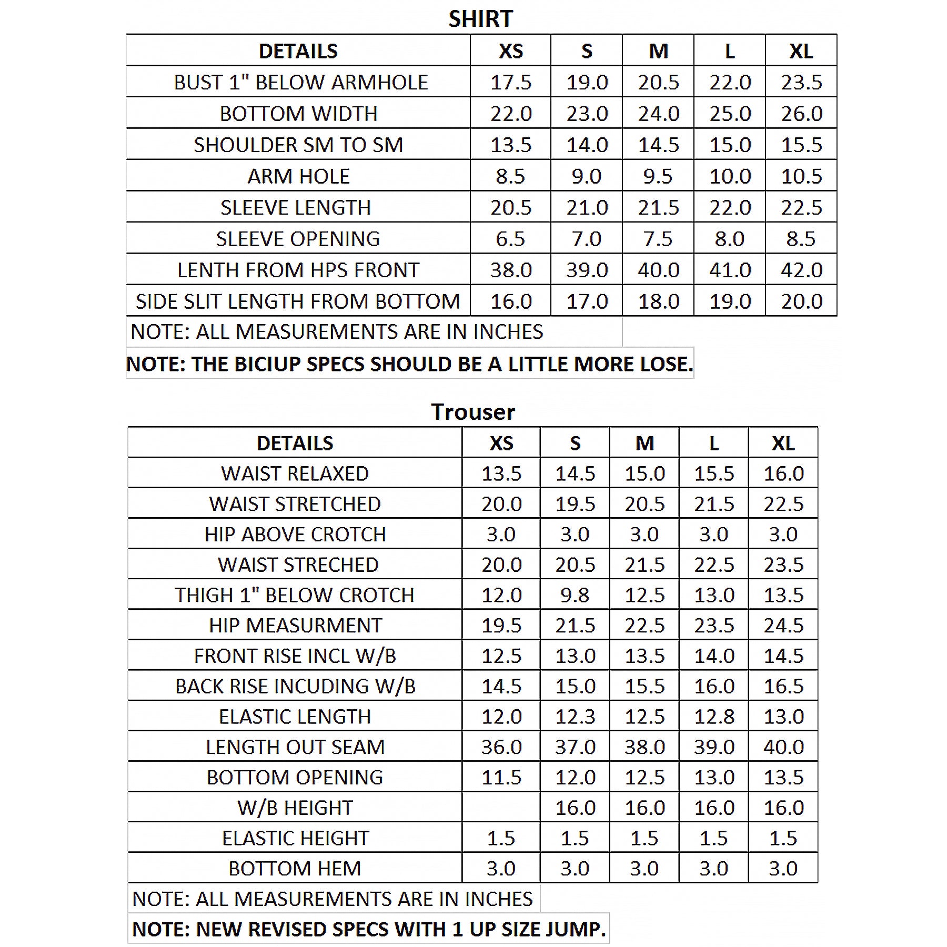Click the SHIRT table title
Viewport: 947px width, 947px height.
point(480,19)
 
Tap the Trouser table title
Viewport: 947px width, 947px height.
point(473,411)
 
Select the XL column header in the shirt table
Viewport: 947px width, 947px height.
point(801,51)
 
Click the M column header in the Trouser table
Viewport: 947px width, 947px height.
point(644,443)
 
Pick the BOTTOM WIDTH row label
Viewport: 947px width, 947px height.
point(298,114)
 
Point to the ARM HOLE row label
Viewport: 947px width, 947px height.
point(298,176)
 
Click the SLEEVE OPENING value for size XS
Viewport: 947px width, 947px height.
point(510,239)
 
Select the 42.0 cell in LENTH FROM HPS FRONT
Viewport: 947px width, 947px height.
point(801,270)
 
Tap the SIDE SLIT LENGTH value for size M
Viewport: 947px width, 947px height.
point(658,301)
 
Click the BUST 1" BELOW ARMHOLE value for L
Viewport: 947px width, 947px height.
point(730,82)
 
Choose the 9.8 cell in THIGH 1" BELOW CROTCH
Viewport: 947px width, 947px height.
point(575,595)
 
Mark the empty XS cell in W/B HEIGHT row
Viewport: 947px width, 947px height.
point(501,808)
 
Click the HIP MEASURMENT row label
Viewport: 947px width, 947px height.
point(295,626)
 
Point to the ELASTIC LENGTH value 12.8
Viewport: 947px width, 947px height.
point(714,717)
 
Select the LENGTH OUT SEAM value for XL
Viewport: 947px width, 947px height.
point(783,747)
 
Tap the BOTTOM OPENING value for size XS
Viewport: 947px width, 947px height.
point(501,778)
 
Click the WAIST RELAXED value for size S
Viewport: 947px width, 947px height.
point(575,473)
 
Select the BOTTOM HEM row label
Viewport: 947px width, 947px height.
point(295,869)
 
